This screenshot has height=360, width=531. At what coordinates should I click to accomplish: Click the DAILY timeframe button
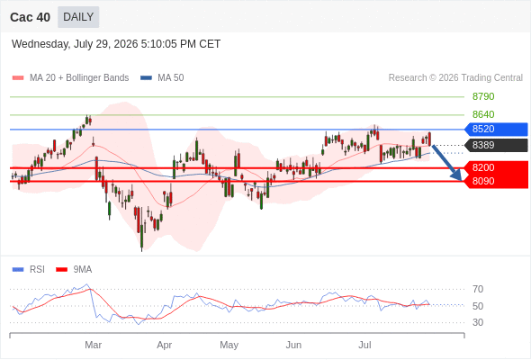78,17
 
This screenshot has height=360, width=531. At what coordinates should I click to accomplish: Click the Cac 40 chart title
30,17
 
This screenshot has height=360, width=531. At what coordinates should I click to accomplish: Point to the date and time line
116,44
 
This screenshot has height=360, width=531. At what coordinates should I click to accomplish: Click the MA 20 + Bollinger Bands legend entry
70,78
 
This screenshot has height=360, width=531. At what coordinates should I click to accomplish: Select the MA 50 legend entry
162,78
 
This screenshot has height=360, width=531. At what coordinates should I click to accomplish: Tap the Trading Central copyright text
455,78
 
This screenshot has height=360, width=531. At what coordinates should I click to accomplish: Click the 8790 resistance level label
483,96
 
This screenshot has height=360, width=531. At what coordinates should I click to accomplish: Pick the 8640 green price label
483,114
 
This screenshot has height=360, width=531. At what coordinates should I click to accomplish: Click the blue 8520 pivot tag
496,129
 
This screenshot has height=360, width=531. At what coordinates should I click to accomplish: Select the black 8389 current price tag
496,145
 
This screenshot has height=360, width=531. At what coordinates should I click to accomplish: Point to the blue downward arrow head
457,175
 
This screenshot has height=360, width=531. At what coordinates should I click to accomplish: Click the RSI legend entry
29,270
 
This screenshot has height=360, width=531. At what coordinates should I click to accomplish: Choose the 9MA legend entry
74,270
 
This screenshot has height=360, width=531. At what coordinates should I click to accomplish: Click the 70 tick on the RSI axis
478,289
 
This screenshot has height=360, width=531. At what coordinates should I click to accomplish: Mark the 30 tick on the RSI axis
478,322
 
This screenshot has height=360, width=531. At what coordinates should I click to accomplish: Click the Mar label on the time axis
93,345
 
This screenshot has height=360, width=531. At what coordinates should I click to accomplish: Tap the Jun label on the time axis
293,345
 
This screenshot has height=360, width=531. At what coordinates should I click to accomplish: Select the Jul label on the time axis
365,345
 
